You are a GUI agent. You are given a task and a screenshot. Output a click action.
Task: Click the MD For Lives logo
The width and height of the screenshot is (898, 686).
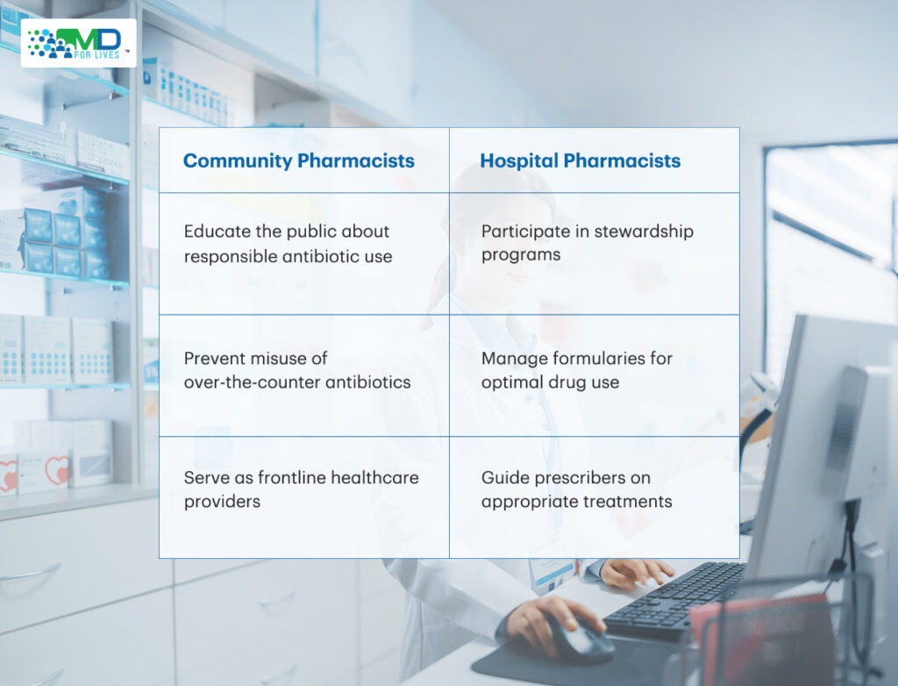(x=78, y=43)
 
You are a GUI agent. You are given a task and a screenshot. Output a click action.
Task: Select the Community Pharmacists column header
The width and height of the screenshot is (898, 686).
(x=298, y=161)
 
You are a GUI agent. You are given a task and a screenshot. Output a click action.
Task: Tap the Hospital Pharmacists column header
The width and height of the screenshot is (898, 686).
(x=581, y=161)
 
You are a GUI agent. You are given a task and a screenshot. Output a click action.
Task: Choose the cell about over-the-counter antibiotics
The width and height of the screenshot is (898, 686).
(x=304, y=375)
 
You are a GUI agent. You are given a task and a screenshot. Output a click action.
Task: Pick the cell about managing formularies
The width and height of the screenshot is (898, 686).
(x=595, y=375)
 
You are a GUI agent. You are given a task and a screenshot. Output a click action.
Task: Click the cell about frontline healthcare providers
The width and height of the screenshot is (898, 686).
(x=304, y=497)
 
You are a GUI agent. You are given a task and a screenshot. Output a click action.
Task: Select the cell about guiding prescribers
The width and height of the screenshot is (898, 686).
(x=595, y=497)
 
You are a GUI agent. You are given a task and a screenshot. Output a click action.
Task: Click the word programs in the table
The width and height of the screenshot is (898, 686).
(x=521, y=255)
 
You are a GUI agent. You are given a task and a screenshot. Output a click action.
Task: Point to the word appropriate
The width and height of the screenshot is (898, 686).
(x=527, y=502)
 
